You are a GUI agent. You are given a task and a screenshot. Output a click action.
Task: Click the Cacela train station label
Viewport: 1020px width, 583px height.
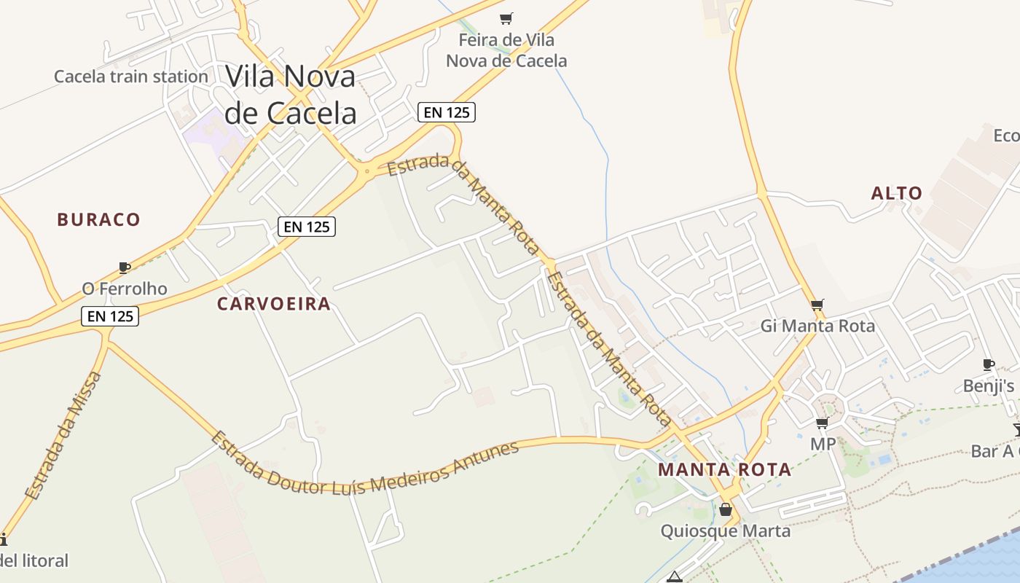pos(131,77)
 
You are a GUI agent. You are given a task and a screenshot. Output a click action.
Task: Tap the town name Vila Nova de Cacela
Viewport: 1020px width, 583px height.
pos(291,94)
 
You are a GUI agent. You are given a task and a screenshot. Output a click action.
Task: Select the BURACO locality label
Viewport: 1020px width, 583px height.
pos(98,219)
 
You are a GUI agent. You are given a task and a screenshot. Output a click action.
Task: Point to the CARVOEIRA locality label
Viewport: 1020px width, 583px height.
pos(274,304)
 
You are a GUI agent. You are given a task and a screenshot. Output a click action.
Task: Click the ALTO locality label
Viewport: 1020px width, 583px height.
pos(897,193)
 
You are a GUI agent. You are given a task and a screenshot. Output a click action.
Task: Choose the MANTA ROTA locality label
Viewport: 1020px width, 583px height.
pos(724,469)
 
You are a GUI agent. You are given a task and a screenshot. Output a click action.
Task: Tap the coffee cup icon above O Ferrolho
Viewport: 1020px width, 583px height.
pos(125,267)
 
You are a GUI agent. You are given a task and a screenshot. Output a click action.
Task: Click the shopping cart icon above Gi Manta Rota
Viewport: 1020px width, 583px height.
pos(817,305)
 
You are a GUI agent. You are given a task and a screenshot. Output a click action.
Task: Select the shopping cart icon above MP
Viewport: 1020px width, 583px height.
pos(823,423)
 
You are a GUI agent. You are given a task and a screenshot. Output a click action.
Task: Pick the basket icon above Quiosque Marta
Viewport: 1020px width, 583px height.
pos(725,509)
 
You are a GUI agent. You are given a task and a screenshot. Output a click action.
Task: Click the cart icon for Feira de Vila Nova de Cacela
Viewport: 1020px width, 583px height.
pos(506,18)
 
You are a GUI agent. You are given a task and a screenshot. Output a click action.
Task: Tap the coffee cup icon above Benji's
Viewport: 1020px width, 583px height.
pos(989,364)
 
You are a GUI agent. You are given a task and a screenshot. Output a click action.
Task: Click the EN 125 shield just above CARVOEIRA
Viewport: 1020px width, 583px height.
pos(307,227)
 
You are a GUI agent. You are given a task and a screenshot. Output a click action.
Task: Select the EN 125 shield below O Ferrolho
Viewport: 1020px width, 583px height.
pos(110,316)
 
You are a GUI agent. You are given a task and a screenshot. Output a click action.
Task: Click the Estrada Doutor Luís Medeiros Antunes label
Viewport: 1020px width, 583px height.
pos(364,464)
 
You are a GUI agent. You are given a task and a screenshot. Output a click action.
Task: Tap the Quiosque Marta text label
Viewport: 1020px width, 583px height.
pos(725,531)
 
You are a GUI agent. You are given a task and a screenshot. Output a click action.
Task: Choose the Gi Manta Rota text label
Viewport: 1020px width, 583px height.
pos(817,326)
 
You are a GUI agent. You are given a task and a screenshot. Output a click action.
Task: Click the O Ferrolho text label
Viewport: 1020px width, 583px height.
pos(125,289)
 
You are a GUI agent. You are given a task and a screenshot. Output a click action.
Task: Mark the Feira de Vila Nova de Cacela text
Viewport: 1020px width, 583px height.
pos(506,50)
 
